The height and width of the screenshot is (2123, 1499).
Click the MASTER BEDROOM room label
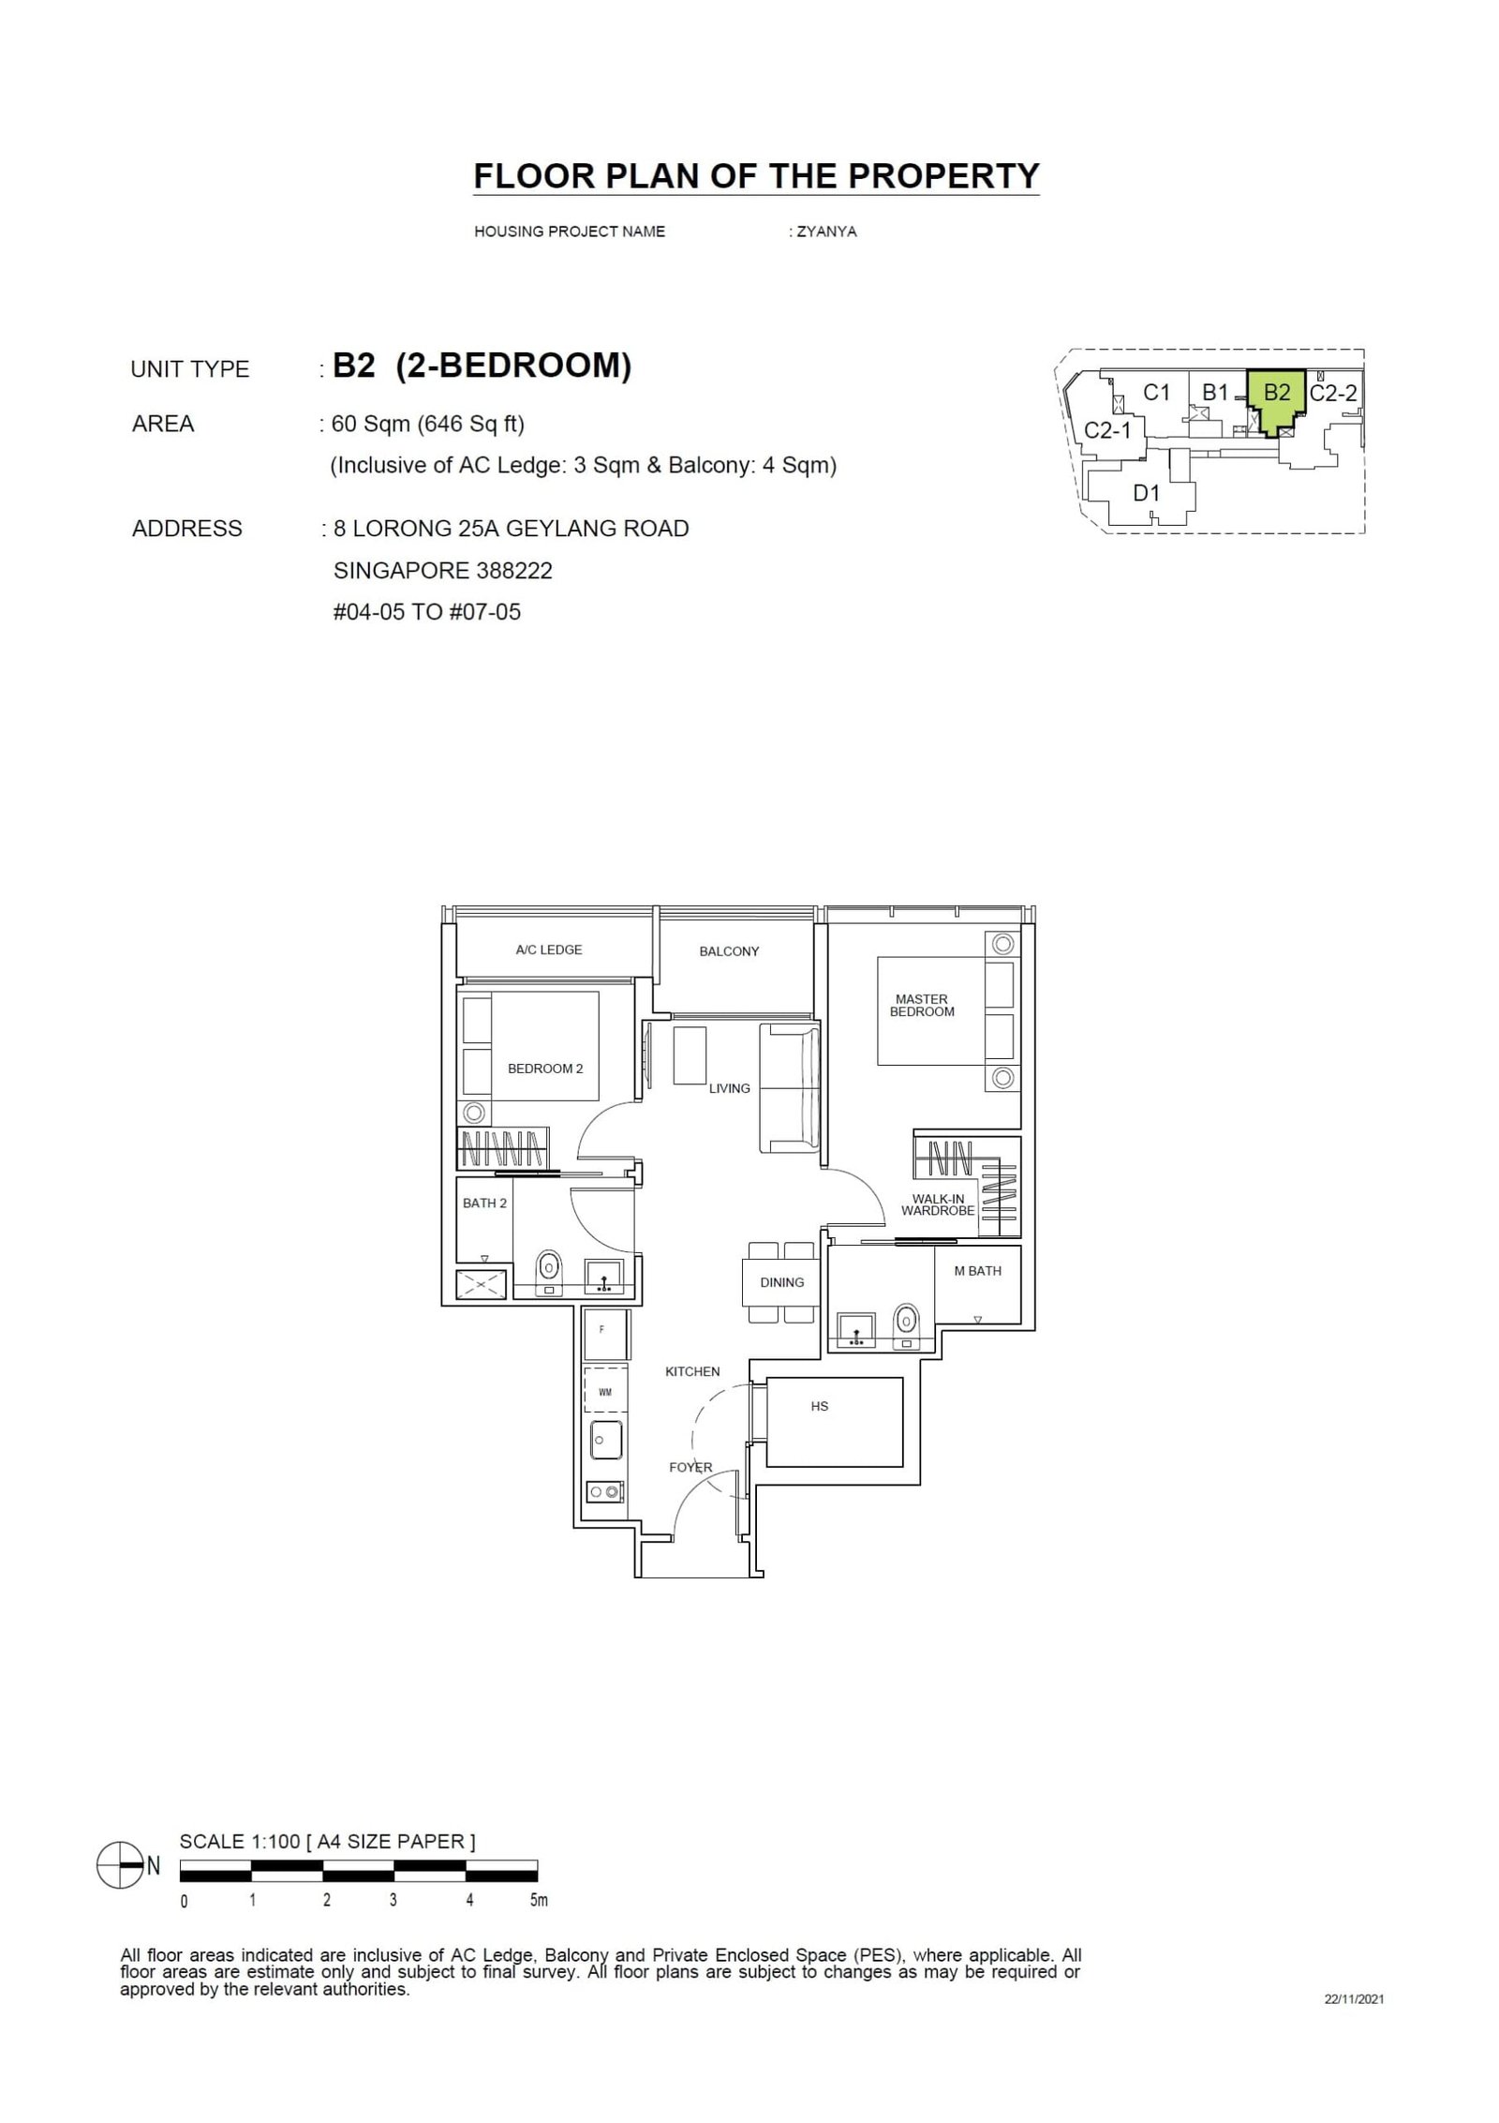click(921, 1005)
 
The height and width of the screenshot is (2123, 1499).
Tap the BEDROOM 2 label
click(545, 1069)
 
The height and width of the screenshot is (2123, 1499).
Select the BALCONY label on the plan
click(729, 951)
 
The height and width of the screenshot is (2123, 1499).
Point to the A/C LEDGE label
click(549, 949)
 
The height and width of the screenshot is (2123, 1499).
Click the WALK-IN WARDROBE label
click(938, 1204)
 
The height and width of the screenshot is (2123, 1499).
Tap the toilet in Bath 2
click(548, 1270)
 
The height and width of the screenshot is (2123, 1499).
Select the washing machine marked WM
click(605, 1392)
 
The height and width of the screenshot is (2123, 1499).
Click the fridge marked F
click(602, 1329)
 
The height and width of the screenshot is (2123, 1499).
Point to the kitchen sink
click(607, 1440)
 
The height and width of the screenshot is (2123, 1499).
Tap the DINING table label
click(782, 1282)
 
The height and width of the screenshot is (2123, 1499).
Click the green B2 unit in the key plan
click(1277, 398)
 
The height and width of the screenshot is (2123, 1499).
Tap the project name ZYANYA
click(824, 232)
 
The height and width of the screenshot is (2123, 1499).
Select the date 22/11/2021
click(1354, 1999)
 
